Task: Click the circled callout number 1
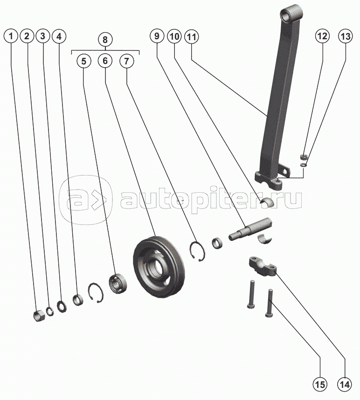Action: point(11,36)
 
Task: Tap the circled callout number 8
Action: point(105,40)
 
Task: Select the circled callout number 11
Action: point(192,36)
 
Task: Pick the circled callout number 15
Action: point(320,385)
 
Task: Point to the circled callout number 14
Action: point(345,385)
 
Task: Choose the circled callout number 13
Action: point(346,36)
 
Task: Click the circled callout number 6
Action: point(105,61)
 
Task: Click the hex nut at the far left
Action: point(39,316)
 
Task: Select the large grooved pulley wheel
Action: point(159,267)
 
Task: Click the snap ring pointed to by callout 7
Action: point(197,251)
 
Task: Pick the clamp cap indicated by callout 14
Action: point(263,267)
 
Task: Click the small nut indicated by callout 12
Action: point(304,156)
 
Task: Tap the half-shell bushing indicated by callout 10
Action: point(266,201)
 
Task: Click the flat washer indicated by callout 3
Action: point(62,307)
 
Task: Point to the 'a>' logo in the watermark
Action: point(85,200)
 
